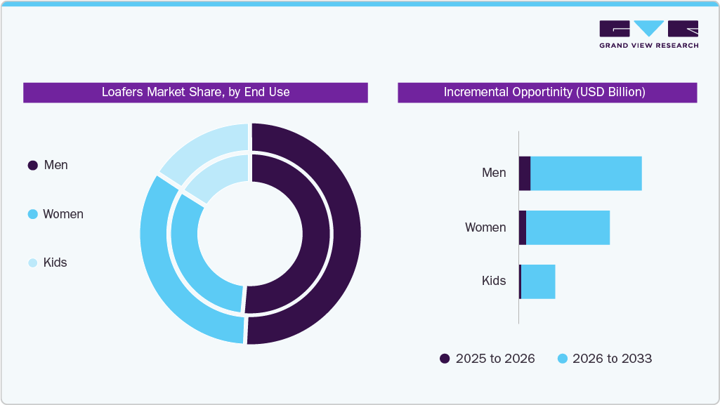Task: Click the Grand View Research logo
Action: [648, 34]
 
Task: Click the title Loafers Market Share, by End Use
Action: [195, 92]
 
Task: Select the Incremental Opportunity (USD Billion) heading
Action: [546, 92]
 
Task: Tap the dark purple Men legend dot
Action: [32, 166]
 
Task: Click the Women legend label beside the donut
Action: [63, 214]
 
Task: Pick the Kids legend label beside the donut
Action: [55, 263]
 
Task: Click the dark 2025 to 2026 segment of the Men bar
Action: [525, 173]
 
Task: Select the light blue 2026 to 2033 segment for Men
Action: [586, 173]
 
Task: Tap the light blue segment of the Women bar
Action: [568, 227]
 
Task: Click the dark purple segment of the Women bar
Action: [523, 227]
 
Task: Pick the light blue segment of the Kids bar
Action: [538, 281]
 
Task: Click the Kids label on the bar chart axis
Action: [493, 281]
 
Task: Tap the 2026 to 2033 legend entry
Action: [604, 359]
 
